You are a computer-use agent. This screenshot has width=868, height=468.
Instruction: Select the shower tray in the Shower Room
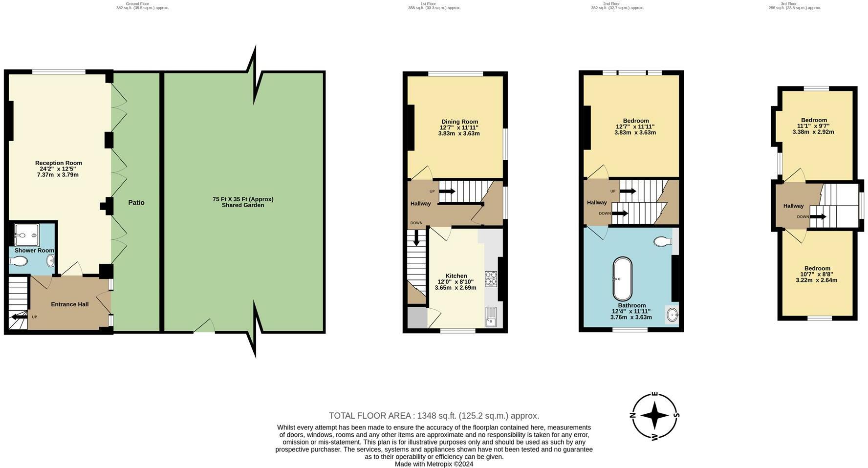(x=26, y=235)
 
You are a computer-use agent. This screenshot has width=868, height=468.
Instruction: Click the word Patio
(x=136, y=202)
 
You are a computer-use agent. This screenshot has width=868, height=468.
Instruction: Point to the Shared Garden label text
(x=242, y=202)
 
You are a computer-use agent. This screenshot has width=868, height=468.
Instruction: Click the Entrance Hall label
(x=70, y=304)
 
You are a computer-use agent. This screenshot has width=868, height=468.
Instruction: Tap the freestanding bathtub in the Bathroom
(x=622, y=279)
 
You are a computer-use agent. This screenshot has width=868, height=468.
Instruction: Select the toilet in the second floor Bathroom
(x=662, y=241)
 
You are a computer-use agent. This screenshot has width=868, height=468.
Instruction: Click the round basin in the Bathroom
(x=672, y=314)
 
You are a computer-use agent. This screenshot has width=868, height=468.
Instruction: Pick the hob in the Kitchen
(x=490, y=278)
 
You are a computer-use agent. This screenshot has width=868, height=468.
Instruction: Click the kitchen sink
(x=490, y=317)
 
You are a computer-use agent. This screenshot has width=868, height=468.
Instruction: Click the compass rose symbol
(x=654, y=416)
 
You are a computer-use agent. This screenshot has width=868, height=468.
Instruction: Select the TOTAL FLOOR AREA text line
(x=434, y=416)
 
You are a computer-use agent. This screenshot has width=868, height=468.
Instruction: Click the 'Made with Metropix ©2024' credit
(x=434, y=464)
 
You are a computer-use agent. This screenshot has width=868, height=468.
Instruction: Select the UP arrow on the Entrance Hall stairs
(x=20, y=317)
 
